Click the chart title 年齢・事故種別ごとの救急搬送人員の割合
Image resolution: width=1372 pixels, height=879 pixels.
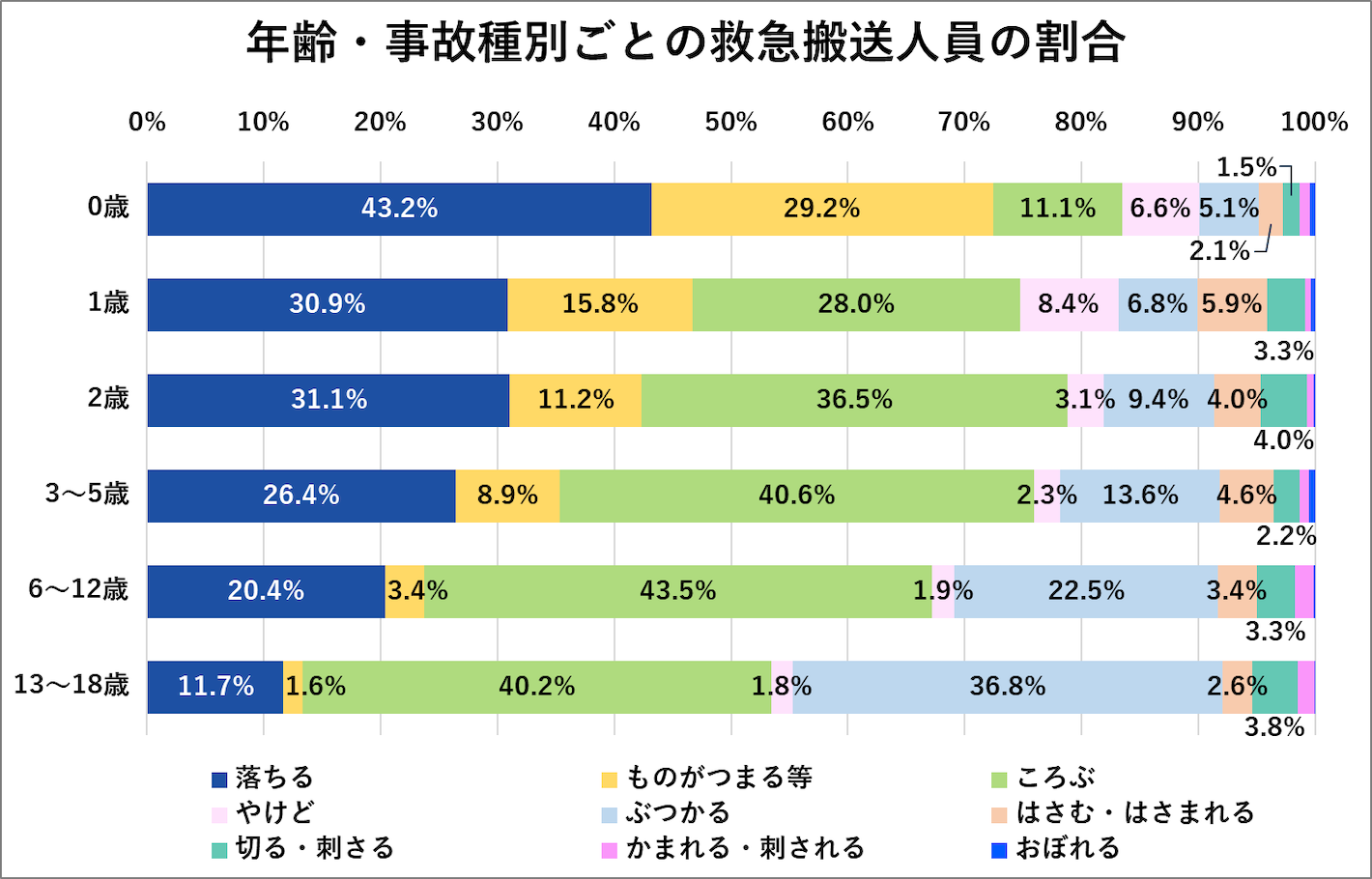685,43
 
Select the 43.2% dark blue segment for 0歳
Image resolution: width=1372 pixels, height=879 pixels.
399,209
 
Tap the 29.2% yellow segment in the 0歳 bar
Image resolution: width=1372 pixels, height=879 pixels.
821,209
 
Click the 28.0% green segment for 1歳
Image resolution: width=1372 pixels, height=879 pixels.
856,304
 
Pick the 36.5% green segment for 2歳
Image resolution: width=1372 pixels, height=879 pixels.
854,400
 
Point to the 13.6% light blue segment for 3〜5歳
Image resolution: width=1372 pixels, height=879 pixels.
1140,496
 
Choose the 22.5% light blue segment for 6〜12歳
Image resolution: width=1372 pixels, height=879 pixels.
1086,591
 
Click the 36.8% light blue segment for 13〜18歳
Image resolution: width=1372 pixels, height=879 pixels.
1008,687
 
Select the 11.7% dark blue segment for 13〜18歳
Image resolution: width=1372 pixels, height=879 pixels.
215,687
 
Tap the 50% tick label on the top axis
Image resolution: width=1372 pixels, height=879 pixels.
730,122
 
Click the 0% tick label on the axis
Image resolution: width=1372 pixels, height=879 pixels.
147,122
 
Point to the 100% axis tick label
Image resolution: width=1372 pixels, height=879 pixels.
1314,122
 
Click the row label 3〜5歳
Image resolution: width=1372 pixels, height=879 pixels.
87,495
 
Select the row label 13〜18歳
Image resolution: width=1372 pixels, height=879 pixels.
71,686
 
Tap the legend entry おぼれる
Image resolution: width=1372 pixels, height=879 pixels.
1068,848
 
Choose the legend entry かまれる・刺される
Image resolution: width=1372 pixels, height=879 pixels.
744,848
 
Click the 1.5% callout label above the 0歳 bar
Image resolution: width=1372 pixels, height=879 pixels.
1245,167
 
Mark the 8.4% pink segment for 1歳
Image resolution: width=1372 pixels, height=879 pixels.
1069,304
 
